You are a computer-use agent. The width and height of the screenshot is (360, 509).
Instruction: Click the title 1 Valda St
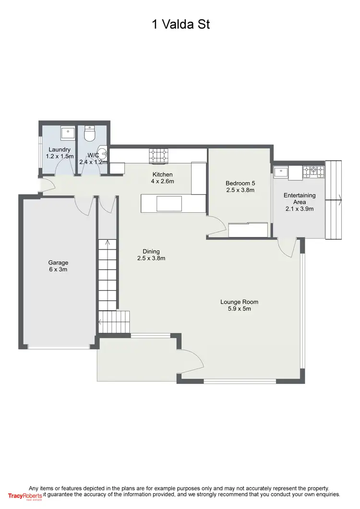(180, 24)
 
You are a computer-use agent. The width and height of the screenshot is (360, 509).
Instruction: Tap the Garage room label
(58, 262)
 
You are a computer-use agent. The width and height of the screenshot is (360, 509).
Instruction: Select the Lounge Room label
(239, 302)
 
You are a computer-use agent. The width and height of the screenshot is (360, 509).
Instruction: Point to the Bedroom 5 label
(240, 183)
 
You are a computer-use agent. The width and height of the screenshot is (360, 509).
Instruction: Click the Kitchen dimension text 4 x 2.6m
(162, 181)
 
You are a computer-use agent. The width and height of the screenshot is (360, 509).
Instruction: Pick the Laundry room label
(60, 150)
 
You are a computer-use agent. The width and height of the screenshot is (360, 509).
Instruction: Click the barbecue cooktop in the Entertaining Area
(314, 171)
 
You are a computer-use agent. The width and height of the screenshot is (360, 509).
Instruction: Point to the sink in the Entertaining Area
(282, 171)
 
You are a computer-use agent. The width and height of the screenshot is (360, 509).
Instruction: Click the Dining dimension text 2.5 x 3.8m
(151, 258)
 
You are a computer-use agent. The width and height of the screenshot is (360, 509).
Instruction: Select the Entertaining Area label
(300, 199)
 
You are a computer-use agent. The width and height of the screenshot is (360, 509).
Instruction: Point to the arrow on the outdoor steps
(339, 197)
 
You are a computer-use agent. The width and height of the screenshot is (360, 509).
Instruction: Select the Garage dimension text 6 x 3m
(58, 270)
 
